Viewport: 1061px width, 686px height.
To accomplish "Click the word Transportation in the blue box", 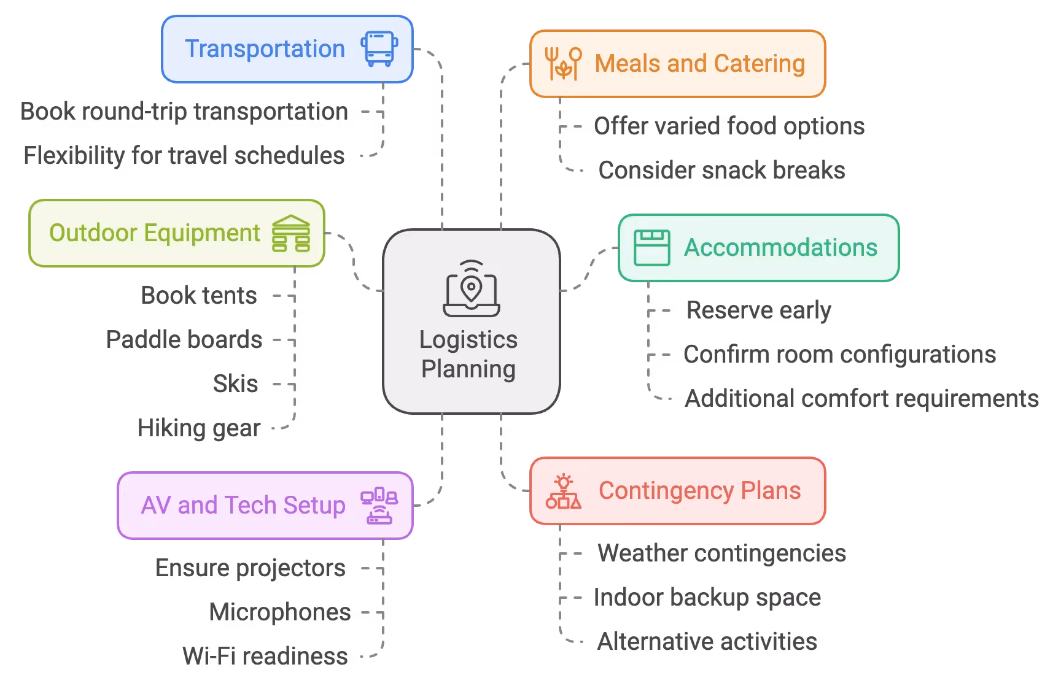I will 265,49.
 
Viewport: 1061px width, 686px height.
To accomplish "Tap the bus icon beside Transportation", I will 379,49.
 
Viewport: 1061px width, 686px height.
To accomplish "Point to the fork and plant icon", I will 563,63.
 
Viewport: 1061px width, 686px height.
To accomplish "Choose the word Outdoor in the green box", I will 93,233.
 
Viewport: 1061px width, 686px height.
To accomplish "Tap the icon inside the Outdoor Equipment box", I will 291,233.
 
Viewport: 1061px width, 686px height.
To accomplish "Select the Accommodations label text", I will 780,248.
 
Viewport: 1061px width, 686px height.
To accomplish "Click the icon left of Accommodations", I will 651,248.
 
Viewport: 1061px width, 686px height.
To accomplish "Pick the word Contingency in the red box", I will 666,491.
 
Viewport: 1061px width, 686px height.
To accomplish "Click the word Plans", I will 771,491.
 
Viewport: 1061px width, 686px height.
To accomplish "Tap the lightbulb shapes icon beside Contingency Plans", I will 563,491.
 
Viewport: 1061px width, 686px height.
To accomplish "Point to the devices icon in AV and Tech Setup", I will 379,506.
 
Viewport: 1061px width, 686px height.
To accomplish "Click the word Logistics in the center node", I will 468,340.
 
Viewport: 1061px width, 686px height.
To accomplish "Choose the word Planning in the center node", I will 468,369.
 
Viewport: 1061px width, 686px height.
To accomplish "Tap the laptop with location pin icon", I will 472,288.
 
